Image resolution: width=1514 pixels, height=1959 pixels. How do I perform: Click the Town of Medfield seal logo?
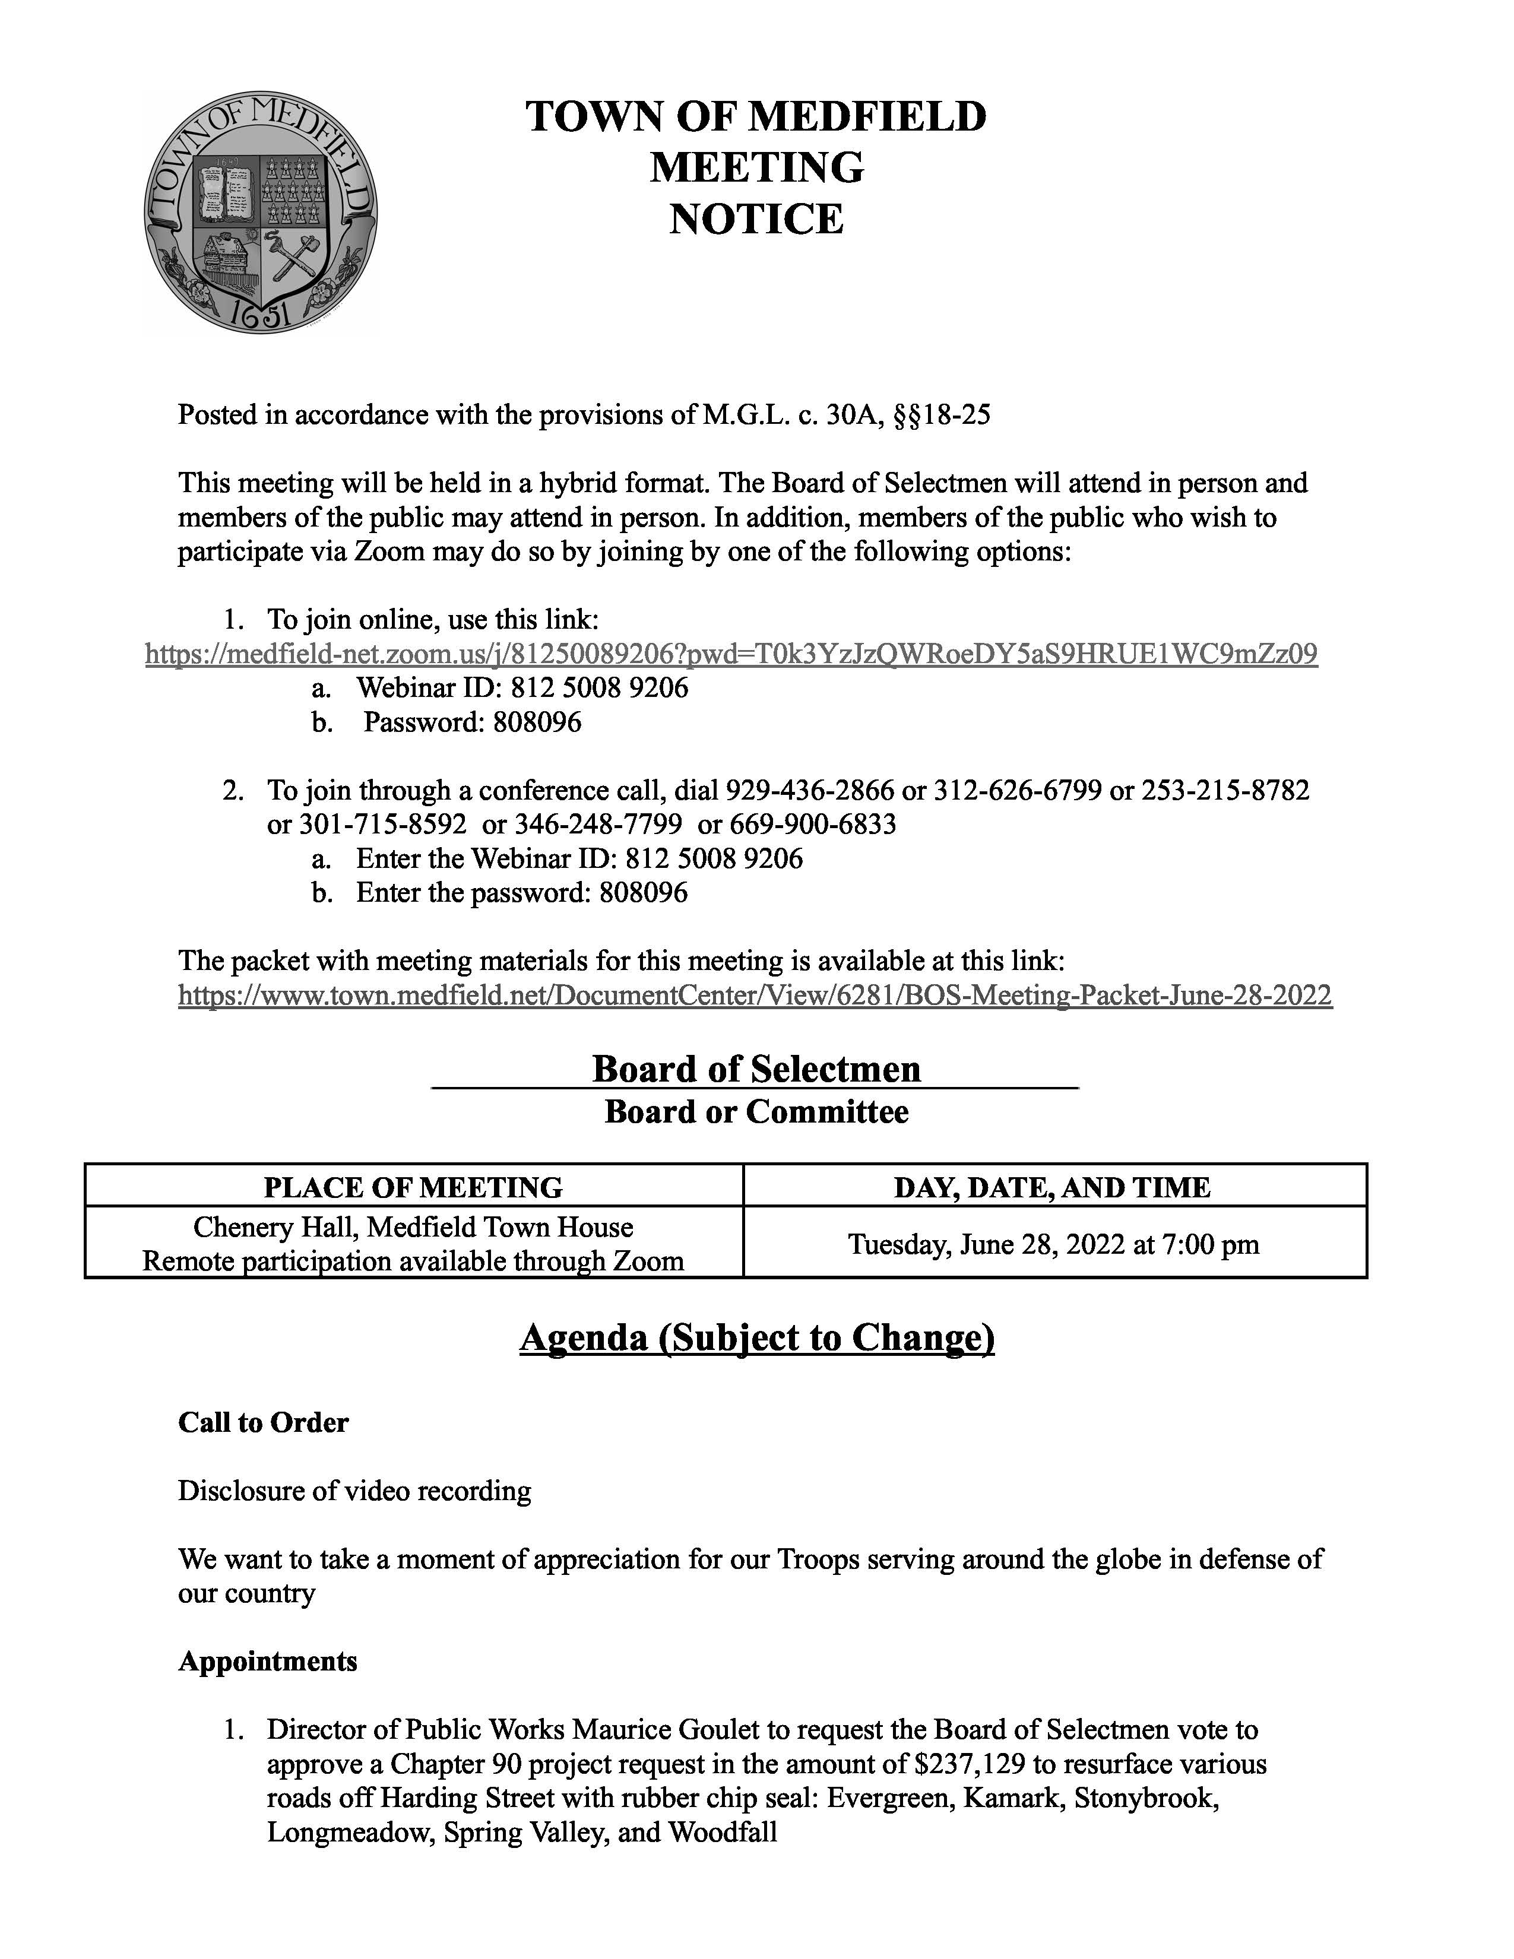coord(260,213)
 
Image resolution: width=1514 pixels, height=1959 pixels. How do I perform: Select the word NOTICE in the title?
coord(756,220)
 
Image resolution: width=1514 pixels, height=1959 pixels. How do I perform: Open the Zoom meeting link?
coord(731,654)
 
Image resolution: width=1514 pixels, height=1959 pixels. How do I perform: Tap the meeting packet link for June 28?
coord(754,995)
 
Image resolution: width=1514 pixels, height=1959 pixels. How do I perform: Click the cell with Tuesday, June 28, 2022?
coord(1053,1244)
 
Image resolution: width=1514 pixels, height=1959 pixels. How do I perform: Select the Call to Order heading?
coord(263,1422)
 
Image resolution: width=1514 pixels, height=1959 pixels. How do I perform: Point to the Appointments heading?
coord(267,1661)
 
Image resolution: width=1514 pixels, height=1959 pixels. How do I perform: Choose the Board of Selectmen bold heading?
coord(756,1069)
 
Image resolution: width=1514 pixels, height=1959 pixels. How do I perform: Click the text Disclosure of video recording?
coord(354,1491)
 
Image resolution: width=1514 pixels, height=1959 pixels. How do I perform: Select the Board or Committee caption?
coord(756,1112)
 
